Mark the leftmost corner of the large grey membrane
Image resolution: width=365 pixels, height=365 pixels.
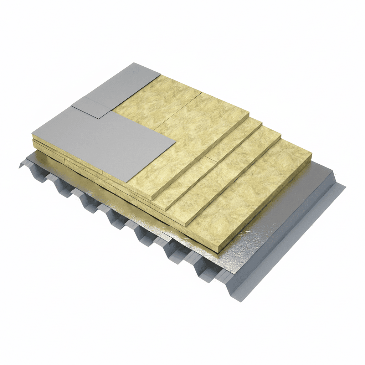(33, 134)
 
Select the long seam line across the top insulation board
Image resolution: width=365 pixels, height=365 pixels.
(178, 110)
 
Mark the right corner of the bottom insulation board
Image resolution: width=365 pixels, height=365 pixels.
(312, 154)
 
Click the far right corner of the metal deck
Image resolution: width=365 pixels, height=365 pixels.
(345, 186)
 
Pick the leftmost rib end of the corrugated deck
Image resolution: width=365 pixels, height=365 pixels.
(21, 165)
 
